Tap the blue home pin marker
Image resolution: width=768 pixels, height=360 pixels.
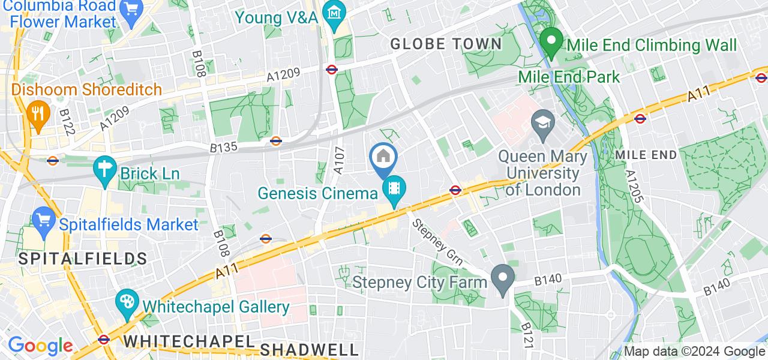pos(383,158)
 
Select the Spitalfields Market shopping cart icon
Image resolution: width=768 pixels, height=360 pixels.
pos(43,220)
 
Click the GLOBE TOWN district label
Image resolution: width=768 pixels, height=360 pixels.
pos(446,44)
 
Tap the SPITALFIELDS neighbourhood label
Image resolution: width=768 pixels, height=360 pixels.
pos(74,259)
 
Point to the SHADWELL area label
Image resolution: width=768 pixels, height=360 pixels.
pos(310,349)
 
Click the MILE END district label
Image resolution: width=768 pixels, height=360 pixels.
pos(646,155)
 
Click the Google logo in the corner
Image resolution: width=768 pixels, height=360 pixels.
pos(40,346)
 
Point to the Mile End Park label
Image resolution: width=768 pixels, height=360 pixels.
pos(569,77)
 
